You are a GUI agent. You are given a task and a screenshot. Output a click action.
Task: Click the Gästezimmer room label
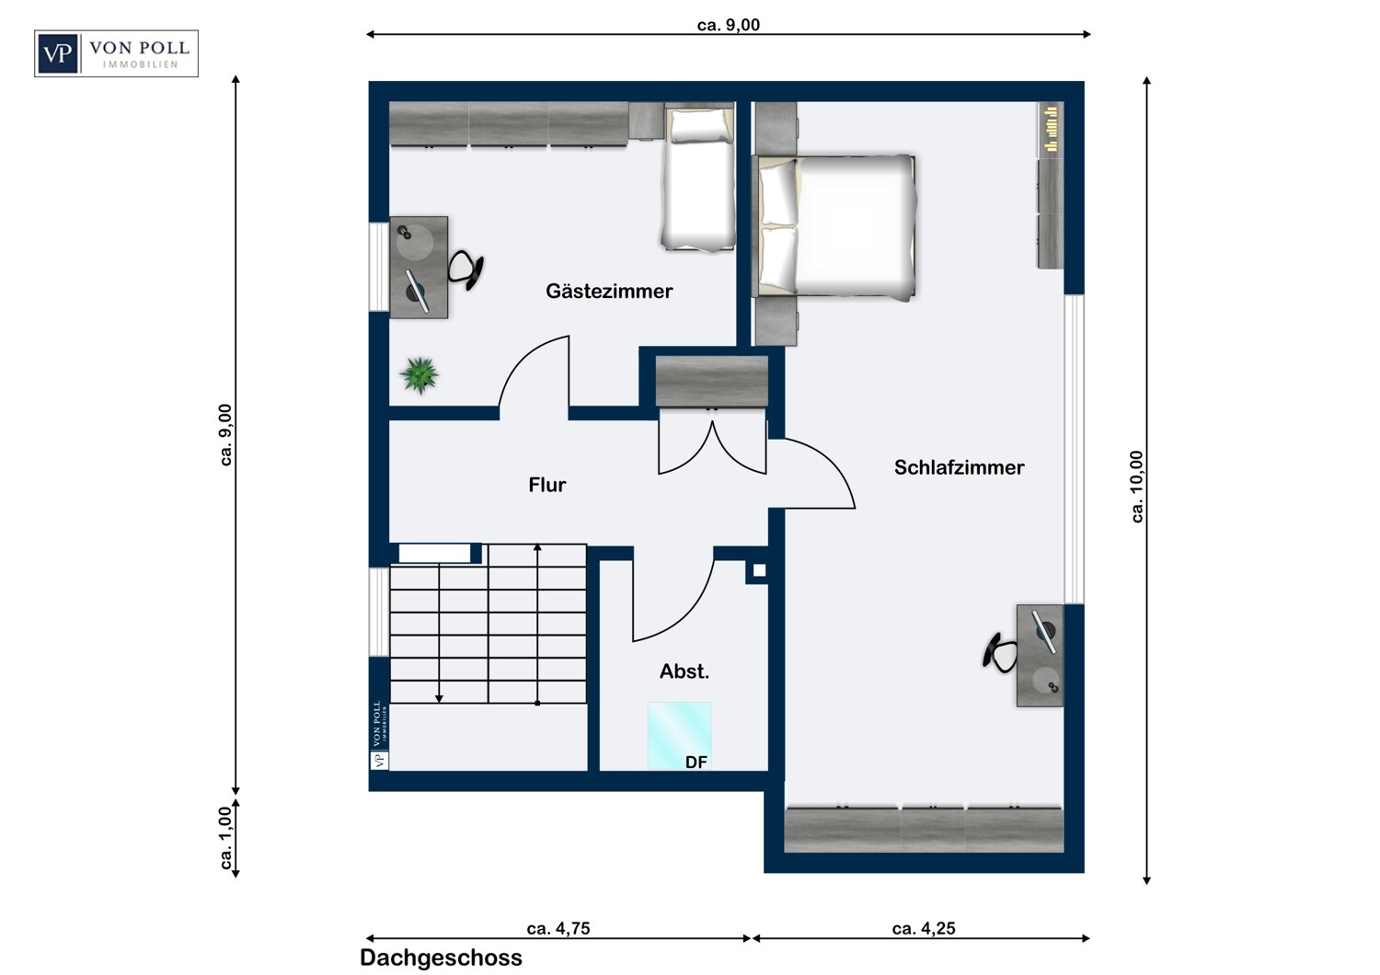[609, 292]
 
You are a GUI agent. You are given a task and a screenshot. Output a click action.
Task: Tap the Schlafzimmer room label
[960, 467]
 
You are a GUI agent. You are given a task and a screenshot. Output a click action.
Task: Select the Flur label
[547, 485]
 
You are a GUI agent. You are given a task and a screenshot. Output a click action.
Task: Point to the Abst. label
[684, 671]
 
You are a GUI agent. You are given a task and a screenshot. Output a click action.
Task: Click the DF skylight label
[696, 763]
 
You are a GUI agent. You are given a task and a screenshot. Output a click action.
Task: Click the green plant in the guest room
[419, 374]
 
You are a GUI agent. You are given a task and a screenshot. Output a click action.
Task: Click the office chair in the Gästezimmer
[466, 270]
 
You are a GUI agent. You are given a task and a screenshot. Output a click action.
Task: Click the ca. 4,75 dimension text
[558, 928]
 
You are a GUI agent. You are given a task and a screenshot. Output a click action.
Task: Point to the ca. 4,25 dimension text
[924, 928]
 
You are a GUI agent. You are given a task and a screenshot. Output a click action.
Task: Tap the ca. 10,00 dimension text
[1136, 487]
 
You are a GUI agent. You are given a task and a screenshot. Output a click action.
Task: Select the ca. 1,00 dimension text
[226, 837]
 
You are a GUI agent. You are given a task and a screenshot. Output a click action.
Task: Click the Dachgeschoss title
[441, 958]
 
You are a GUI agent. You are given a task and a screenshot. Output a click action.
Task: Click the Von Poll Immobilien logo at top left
[117, 53]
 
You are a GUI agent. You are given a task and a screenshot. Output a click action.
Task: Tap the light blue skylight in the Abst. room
[680, 736]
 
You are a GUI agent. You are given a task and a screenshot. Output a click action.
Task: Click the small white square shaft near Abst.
[759, 570]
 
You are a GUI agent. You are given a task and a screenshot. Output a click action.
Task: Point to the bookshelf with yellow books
[1051, 130]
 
